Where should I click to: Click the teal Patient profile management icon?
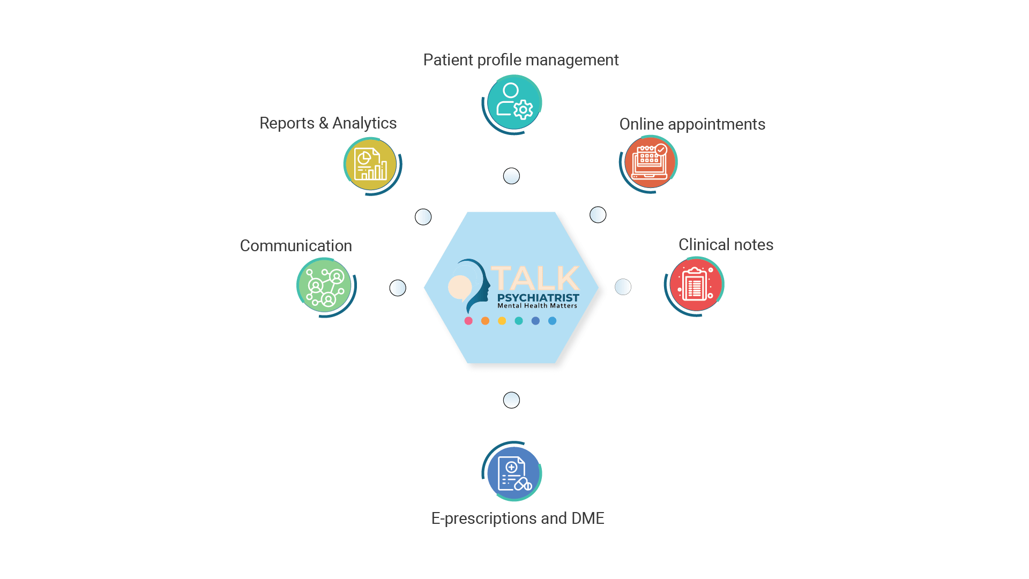click(x=513, y=102)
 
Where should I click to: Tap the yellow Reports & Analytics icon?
click(x=370, y=164)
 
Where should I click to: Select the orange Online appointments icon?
click(x=650, y=162)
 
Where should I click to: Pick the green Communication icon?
click(x=324, y=285)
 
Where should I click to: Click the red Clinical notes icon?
click(x=695, y=284)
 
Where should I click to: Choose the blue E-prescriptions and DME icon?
click(x=513, y=473)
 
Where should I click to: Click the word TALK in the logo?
click(x=535, y=279)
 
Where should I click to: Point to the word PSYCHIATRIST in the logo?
click(x=538, y=298)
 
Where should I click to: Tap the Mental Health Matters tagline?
click(x=537, y=306)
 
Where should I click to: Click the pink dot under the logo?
click(x=468, y=321)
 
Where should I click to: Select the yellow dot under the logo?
click(x=502, y=321)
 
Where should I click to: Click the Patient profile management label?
click(x=521, y=60)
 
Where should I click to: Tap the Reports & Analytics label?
click(x=328, y=123)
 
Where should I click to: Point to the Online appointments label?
click(x=692, y=124)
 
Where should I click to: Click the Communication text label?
click(x=296, y=246)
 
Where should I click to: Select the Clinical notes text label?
click(x=726, y=245)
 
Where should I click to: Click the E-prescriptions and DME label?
click(x=518, y=518)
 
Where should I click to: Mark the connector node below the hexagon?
click(x=512, y=400)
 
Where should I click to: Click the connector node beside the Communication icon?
click(x=398, y=288)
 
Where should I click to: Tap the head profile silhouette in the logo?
click(x=477, y=284)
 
